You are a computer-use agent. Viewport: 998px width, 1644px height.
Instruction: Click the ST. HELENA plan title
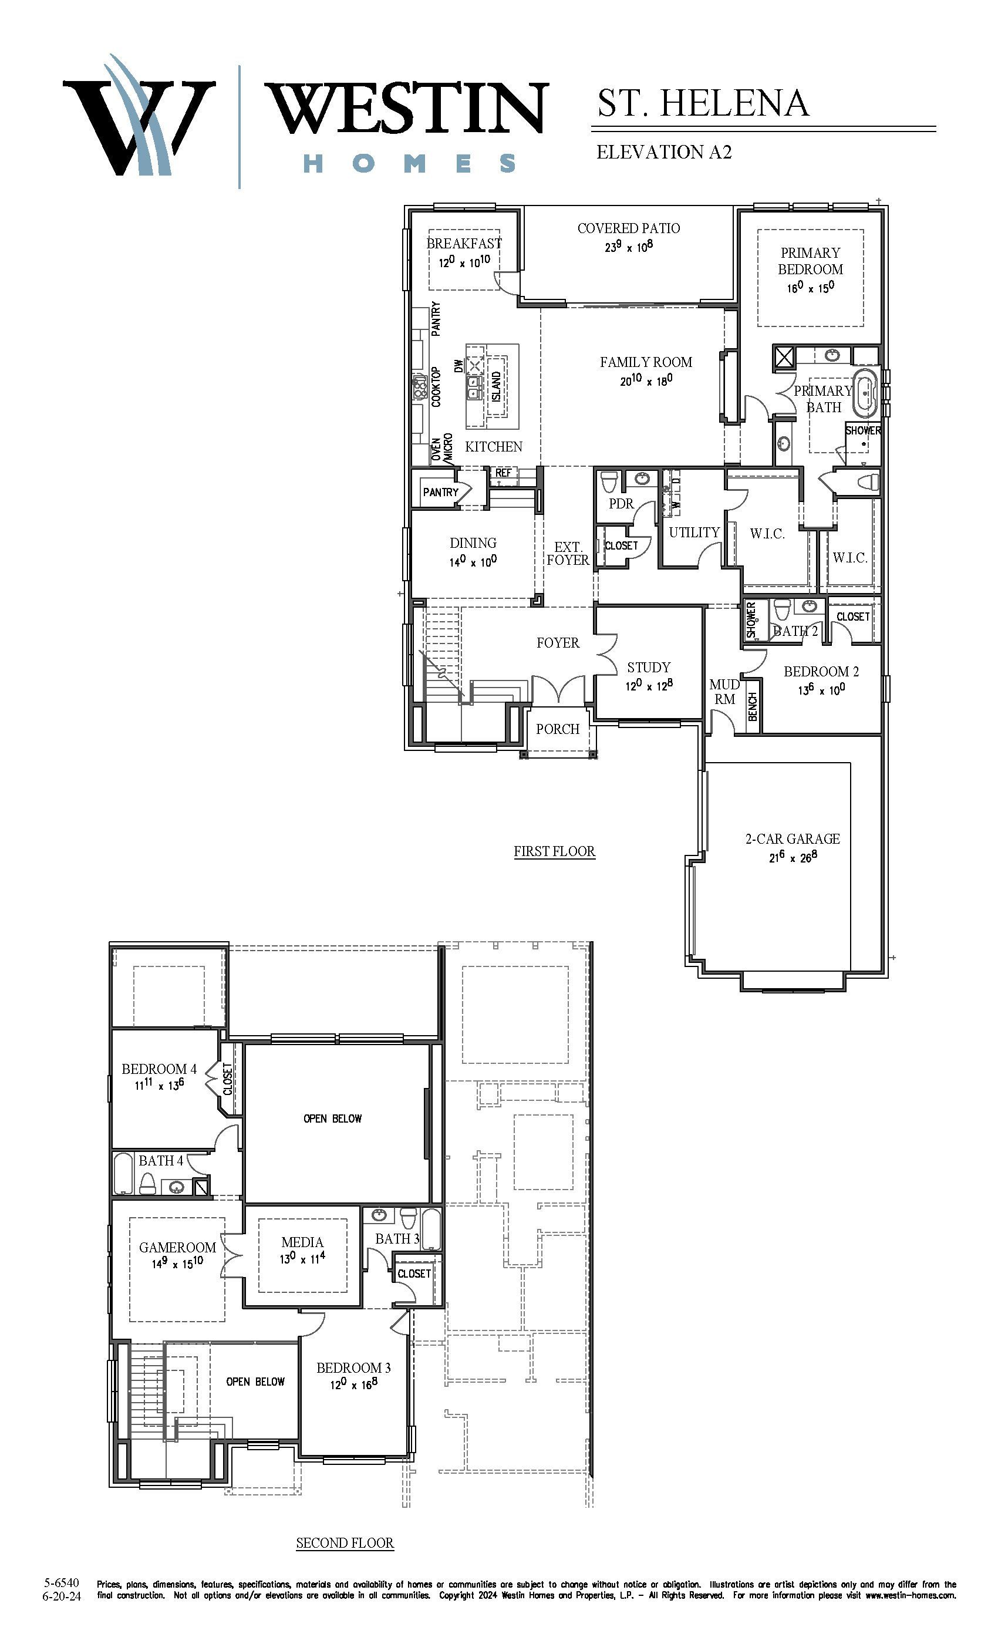(x=703, y=103)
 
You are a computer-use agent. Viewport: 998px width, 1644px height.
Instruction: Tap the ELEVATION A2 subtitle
(x=664, y=152)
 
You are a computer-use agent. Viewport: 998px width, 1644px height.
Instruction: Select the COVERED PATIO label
(x=628, y=228)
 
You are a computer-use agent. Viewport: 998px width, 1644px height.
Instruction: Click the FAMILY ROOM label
(x=646, y=362)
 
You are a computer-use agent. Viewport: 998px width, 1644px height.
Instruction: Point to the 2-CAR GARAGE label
(x=793, y=838)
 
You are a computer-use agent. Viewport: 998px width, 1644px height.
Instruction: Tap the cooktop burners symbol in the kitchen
(x=420, y=386)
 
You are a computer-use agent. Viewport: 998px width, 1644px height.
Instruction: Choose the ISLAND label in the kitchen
(x=496, y=386)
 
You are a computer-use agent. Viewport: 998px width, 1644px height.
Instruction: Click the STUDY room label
(x=649, y=667)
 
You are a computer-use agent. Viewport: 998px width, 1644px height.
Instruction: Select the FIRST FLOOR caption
(x=554, y=851)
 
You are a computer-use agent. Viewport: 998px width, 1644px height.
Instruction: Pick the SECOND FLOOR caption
(x=345, y=1542)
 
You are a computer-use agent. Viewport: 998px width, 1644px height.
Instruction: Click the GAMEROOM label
(x=177, y=1247)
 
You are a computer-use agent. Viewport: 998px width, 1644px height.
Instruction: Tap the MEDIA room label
(x=302, y=1242)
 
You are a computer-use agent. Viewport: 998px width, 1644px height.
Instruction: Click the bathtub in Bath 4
(x=123, y=1173)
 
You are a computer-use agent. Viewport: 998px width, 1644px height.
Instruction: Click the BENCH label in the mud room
(x=753, y=706)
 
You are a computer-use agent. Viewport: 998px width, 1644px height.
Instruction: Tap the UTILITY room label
(x=694, y=533)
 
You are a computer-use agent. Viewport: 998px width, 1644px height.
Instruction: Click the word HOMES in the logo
(x=410, y=163)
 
